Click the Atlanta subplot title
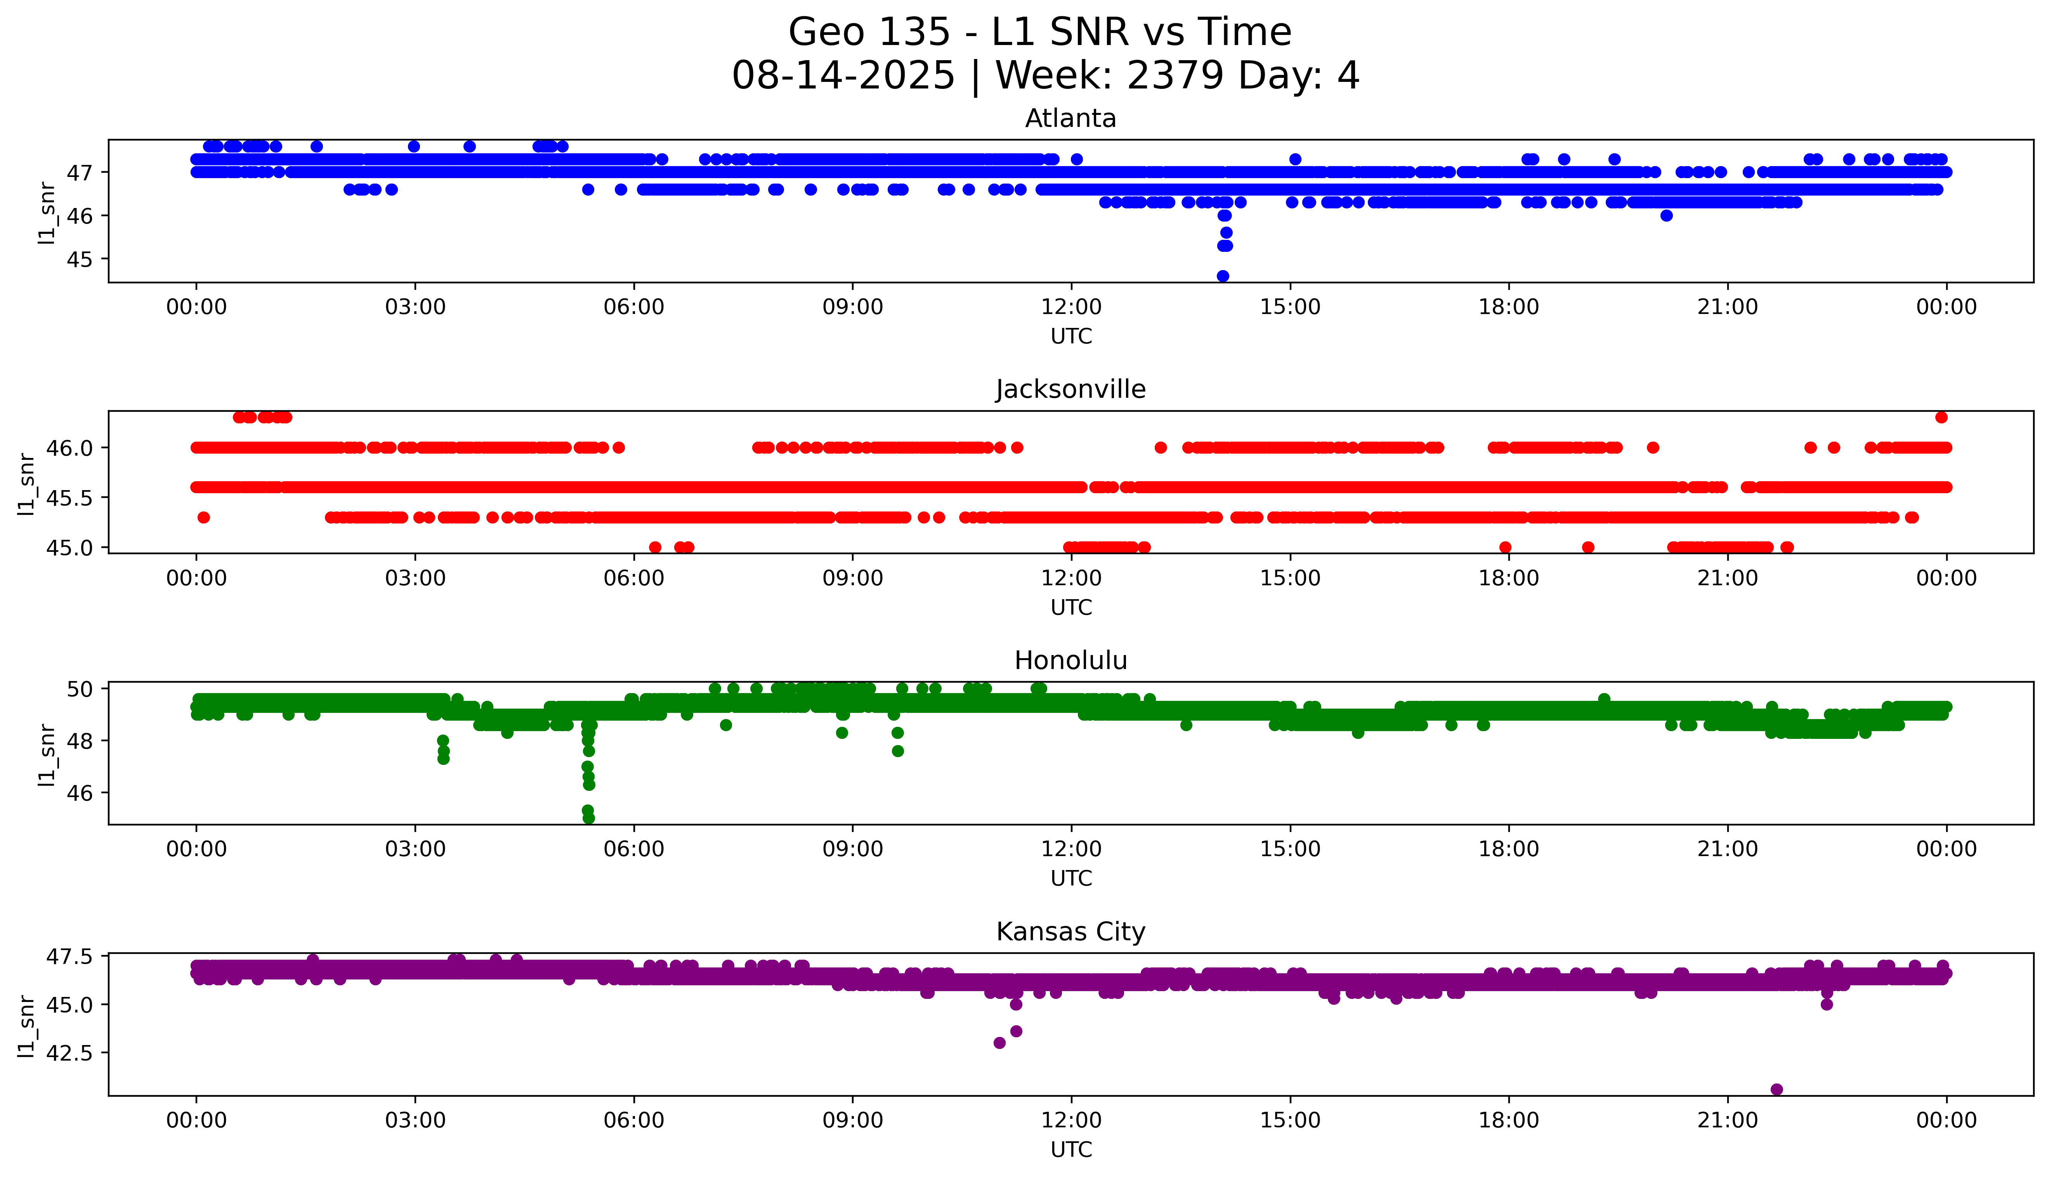[x=1070, y=119]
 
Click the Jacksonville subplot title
[x=1070, y=390]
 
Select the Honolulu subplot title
[x=1070, y=660]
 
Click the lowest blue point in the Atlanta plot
[x=1223, y=276]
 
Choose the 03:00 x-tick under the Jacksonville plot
[x=415, y=578]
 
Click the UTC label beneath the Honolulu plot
[x=1071, y=878]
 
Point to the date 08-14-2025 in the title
[x=843, y=76]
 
